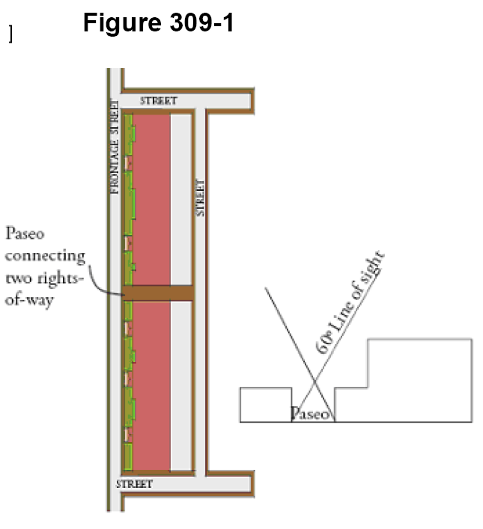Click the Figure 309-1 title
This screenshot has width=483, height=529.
158,23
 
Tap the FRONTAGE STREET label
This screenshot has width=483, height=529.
115,146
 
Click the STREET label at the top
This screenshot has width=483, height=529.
158,100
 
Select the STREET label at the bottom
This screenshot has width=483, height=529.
134,484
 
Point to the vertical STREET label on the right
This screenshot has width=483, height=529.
200,197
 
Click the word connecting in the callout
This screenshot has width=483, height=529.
44,256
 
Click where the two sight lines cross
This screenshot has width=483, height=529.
313,390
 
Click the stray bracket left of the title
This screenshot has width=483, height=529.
10,34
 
